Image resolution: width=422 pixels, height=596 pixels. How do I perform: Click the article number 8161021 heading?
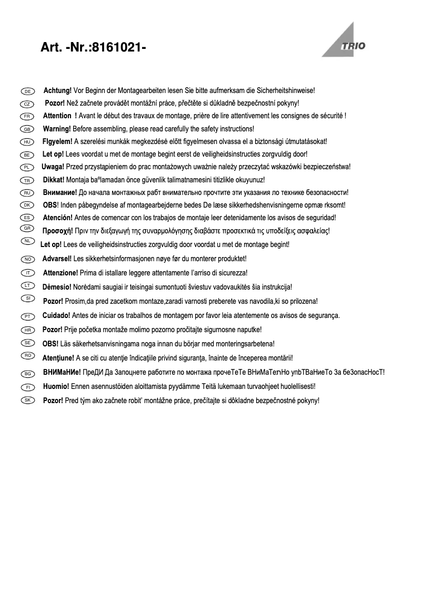coord(93,48)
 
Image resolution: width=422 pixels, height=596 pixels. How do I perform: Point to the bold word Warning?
coord(57,129)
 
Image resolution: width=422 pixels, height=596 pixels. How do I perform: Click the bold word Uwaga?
coord(53,167)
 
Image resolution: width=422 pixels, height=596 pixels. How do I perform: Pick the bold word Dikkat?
coord(54,180)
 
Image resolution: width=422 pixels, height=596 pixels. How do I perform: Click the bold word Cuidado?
coord(56,315)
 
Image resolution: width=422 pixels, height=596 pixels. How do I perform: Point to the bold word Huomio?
coord(55,386)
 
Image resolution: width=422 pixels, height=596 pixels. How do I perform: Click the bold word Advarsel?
coord(57,259)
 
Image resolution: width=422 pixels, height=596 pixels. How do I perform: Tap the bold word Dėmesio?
coord(56,287)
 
